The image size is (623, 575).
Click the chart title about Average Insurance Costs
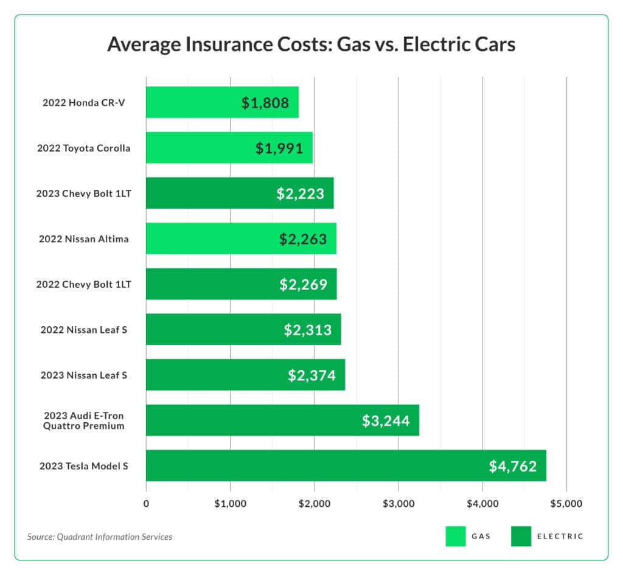(311, 44)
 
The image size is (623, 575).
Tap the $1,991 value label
(279, 148)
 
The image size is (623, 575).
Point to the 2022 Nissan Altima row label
(84, 239)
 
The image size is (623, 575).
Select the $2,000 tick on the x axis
(314, 504)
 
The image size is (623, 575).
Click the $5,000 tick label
(566, 504)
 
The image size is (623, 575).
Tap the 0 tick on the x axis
(146, 504)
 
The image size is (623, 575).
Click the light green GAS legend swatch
(455, 536)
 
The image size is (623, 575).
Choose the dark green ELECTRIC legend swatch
(521, 536)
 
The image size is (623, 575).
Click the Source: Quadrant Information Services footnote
(100, 537)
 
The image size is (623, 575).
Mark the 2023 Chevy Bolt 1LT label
(84, 193)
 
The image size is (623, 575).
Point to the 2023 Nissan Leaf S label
(84, 375)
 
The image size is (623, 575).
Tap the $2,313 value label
(308, 330)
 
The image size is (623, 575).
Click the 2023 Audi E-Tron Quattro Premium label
(84, 420)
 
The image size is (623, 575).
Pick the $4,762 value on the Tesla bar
(513, 467)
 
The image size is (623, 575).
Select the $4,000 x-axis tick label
(482, 504)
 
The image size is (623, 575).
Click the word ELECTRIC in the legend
(560, 537)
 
